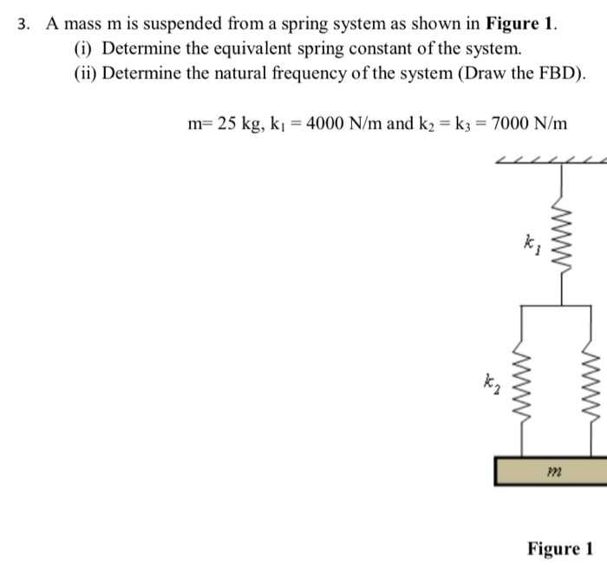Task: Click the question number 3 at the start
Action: pos(23,23)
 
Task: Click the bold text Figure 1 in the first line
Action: pos(521,23)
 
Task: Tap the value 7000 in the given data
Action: pos(512,123)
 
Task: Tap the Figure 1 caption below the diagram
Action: pos(559,548)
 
